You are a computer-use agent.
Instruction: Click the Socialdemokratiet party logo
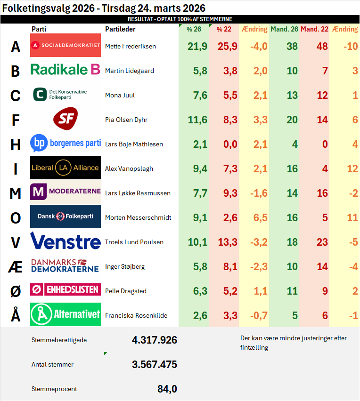tap(65, 45)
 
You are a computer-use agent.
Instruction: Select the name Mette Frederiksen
tap(131, 46)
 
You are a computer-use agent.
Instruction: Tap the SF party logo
tap(65, 119)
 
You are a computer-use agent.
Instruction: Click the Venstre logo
tap(65, 241)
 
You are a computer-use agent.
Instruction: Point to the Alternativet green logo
tap(65, 314)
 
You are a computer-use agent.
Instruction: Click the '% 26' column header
tap(194, 29)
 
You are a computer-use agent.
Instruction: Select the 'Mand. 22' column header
tap(314, 29)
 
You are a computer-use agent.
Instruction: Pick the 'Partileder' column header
tap(120, 29)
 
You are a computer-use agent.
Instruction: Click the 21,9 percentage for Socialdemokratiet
tap(197, 46)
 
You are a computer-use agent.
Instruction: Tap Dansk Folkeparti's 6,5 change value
tap(261, 217)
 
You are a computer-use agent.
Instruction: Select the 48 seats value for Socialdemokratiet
tap(322, 46)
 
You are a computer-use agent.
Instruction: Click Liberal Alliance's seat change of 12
tap(352, 169)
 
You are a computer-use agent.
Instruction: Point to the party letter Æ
tap(16, 267)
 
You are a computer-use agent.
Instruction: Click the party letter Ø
tap(16, 291)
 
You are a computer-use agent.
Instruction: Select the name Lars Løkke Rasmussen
tap(138, 193)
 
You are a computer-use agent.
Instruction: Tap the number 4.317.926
tap(155, 340)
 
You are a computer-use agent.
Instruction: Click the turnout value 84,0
tap(167, 389)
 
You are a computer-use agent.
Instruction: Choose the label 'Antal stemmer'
tap(52, 364)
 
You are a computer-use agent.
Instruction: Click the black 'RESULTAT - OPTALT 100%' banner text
tap(180, 19)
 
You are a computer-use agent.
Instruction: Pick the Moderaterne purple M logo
tap(39, 192)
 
